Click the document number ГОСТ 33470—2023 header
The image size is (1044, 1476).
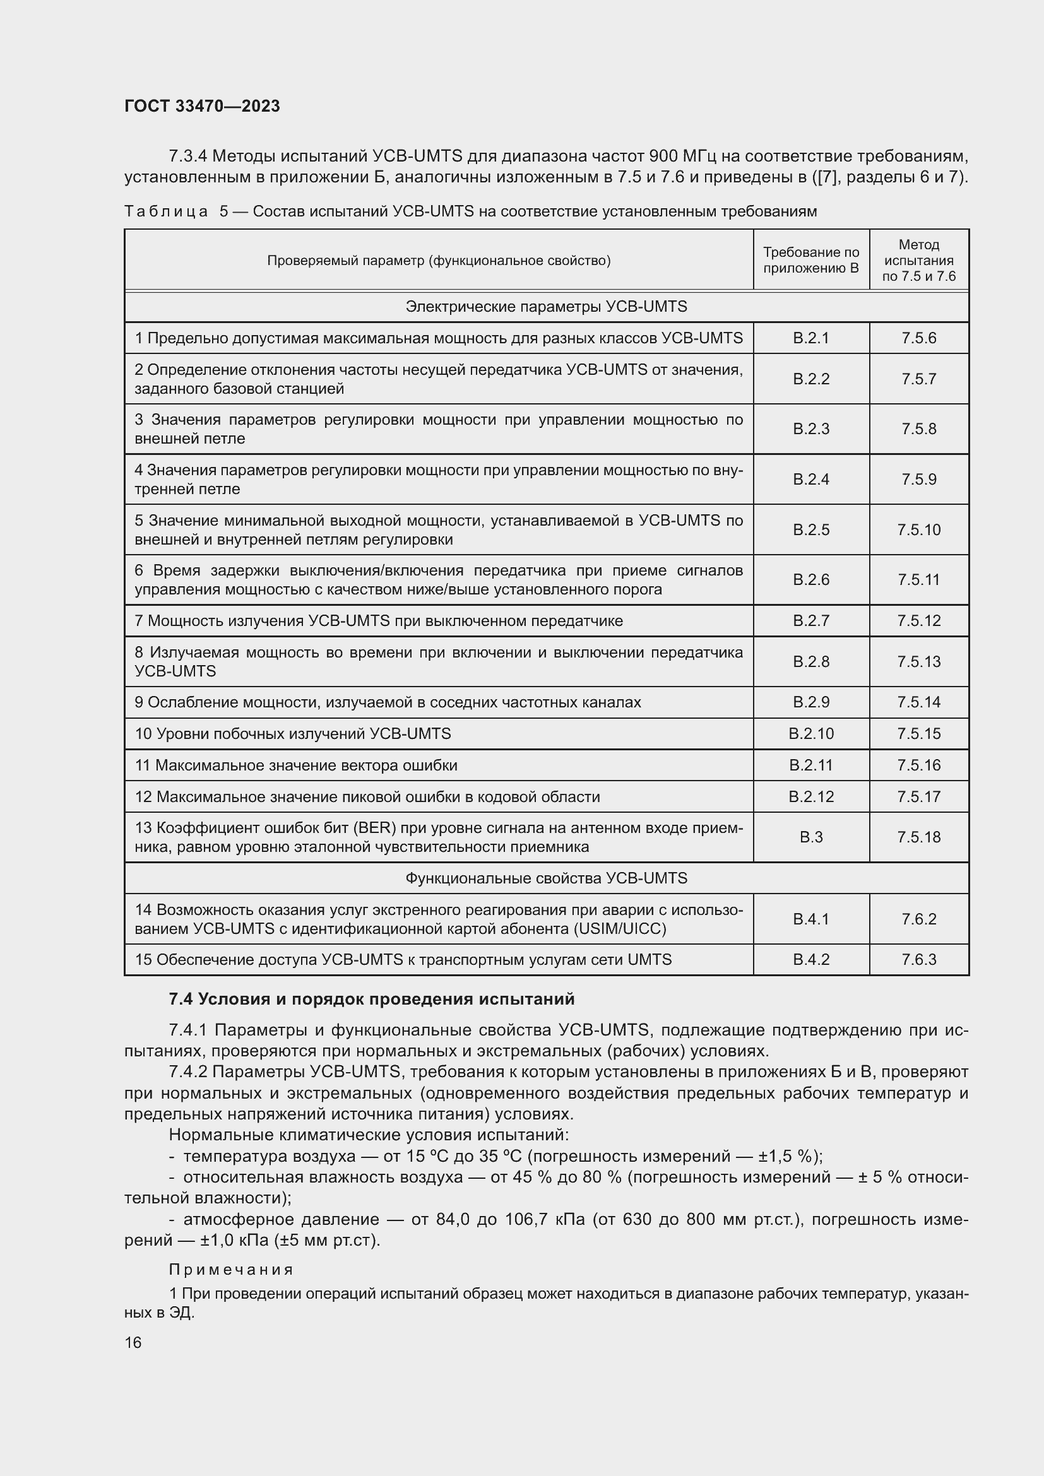coord(202,106)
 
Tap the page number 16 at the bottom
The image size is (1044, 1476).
coord(133,1342)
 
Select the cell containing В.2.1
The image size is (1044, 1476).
coord(810,338)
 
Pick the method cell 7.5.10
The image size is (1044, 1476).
coord(918,529)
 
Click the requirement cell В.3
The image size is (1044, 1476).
coord(810,837)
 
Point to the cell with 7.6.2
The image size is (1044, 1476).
coord(918,919)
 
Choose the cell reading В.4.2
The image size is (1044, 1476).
coord(810,959)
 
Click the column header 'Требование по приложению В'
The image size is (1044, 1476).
coord(810,260)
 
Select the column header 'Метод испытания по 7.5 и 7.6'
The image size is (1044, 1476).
coord(918,260)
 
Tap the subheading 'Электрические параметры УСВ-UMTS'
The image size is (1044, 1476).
coord(546,307)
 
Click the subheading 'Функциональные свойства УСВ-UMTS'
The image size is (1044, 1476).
coord(546,878)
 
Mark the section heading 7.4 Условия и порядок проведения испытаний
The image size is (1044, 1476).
coord(372,999)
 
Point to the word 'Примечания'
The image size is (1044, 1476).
coord(232,1270)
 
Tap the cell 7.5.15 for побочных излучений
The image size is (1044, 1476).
coord(918,733)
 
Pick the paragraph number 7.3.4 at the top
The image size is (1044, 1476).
coord(187,156)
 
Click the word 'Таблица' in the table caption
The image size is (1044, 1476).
coord(166,211)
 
